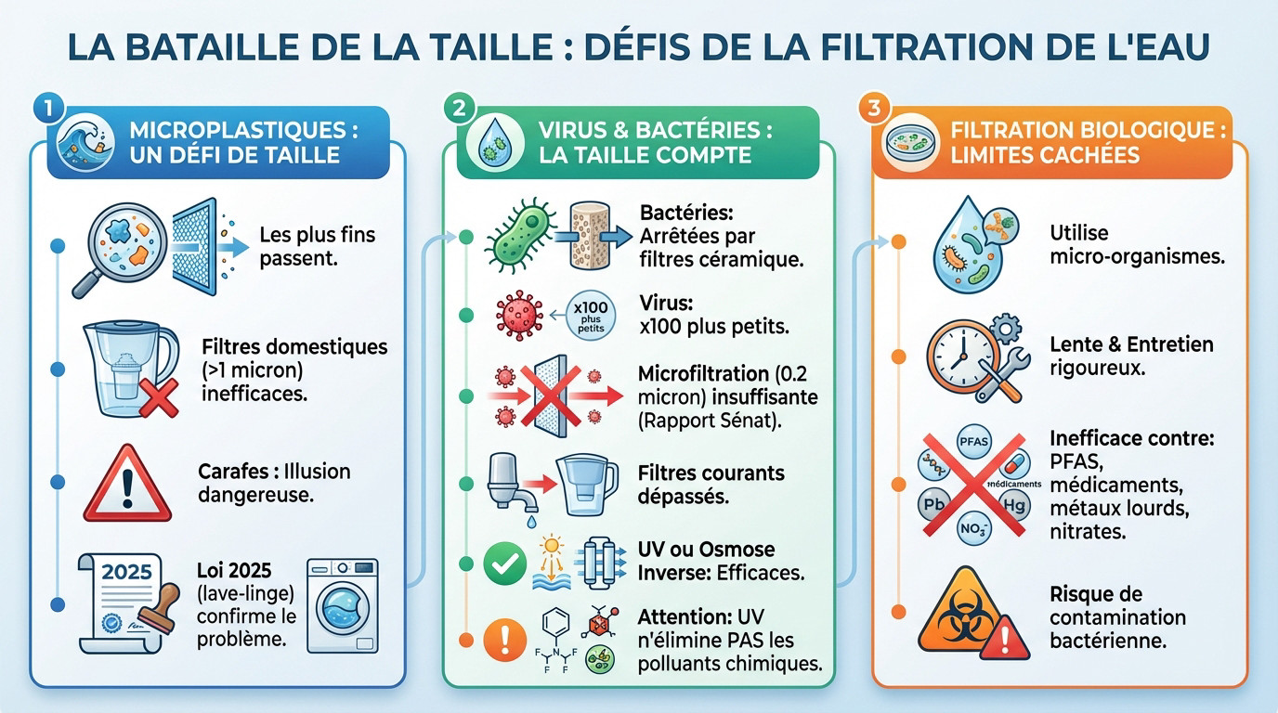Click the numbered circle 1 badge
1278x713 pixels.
tap(45, 107)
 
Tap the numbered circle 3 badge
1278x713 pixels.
tap(871, 108)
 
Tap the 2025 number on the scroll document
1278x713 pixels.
tap(126, 571)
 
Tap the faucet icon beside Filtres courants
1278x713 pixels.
tap(507, 486)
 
